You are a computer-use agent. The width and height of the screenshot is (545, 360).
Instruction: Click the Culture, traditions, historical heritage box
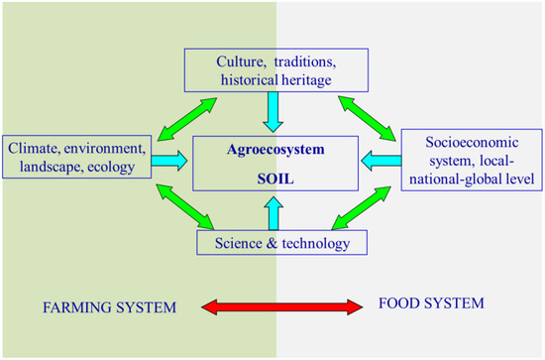pos(272,68)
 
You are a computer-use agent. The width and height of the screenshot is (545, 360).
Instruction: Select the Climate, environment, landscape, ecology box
pos(77,158)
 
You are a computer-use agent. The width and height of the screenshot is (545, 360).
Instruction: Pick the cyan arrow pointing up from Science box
pos(272,209)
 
